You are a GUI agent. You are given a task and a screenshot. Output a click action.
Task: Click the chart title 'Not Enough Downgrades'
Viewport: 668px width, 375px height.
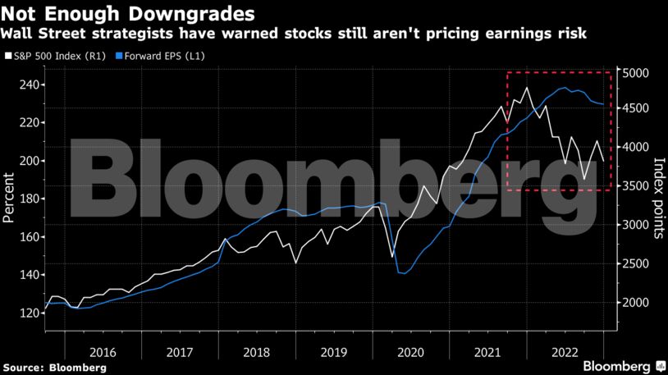127,13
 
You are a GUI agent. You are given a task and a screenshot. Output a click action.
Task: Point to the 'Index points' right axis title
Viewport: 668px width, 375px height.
657,198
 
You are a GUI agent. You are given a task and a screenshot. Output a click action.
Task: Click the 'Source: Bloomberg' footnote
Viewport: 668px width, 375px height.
54,368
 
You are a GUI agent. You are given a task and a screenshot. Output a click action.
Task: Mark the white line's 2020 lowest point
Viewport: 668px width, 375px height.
392,257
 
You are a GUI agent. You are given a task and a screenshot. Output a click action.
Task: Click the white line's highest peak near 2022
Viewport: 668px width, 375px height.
526,88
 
